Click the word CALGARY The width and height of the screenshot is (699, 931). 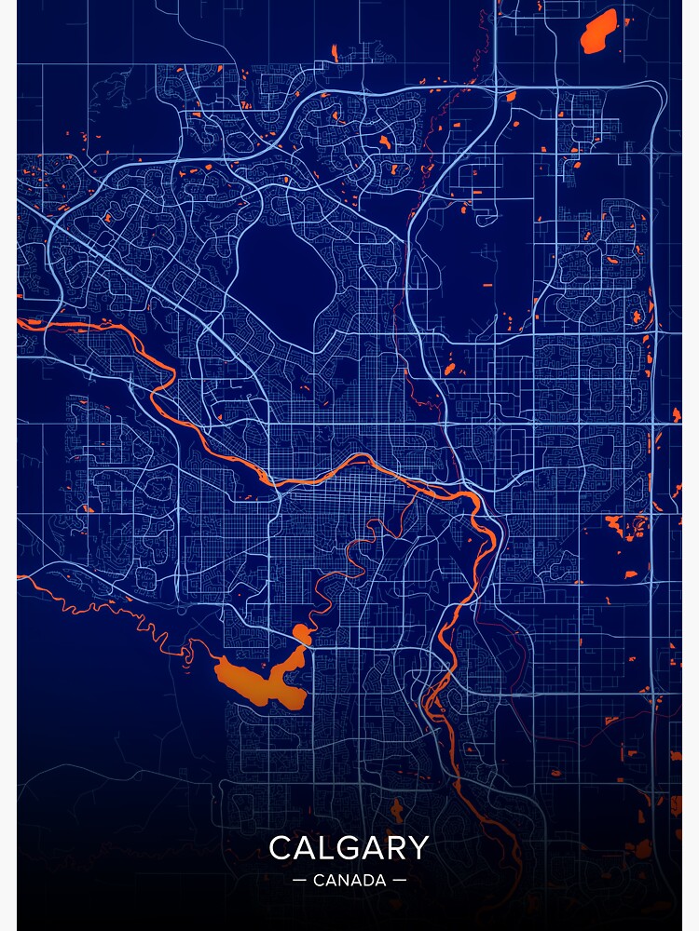pos(349,848)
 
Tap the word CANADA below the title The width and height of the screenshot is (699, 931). pos(349,880)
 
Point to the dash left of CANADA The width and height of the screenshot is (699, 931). pos(299,880)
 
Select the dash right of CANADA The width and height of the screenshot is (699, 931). pos(400,880)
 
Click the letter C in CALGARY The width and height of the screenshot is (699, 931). pos(279,848)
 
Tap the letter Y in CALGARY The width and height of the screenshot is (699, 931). pos(419,848)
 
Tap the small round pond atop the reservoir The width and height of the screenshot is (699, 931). pos(301,634)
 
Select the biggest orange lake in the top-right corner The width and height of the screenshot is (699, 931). pos(597,33)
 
